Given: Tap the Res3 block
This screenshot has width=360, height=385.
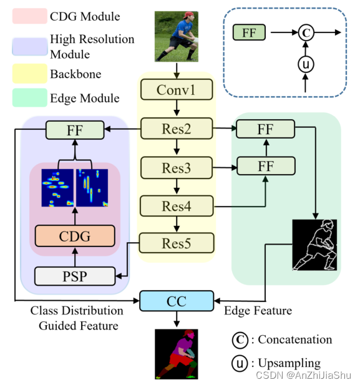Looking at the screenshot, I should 177,167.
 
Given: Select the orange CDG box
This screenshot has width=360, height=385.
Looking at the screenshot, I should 75,236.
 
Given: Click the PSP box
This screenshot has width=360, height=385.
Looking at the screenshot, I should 75,274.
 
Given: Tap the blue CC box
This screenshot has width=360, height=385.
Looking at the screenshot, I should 177,300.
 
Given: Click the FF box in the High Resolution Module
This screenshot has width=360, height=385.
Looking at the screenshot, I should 75,130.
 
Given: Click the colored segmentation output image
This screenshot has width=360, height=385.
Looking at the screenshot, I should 177,354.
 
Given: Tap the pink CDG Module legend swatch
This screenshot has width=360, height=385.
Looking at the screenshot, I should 29,16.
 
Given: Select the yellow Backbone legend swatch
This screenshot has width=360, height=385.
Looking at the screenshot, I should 29,75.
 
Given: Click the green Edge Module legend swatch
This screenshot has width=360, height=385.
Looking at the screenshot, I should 29,98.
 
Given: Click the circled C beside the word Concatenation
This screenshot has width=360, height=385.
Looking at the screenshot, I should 240,339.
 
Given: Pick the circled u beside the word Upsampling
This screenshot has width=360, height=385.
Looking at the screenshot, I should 240,363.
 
